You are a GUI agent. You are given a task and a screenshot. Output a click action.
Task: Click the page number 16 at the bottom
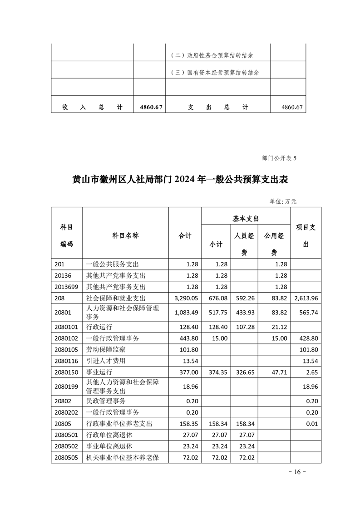297,472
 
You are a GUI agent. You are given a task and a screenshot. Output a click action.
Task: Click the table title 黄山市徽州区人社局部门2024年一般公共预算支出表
180,179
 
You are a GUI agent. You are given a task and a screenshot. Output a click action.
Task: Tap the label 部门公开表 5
279,158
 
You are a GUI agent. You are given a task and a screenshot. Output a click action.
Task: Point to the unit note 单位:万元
283,201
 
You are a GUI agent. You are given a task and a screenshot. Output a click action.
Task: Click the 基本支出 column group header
245,218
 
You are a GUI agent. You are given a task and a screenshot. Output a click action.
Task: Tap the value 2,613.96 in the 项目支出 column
305,298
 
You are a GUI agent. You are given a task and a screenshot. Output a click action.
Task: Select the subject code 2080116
66,361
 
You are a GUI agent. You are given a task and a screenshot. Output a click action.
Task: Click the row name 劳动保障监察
105,350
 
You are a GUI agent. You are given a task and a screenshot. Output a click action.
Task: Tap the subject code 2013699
66,287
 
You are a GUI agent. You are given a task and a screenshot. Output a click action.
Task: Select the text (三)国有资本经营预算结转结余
217,73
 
